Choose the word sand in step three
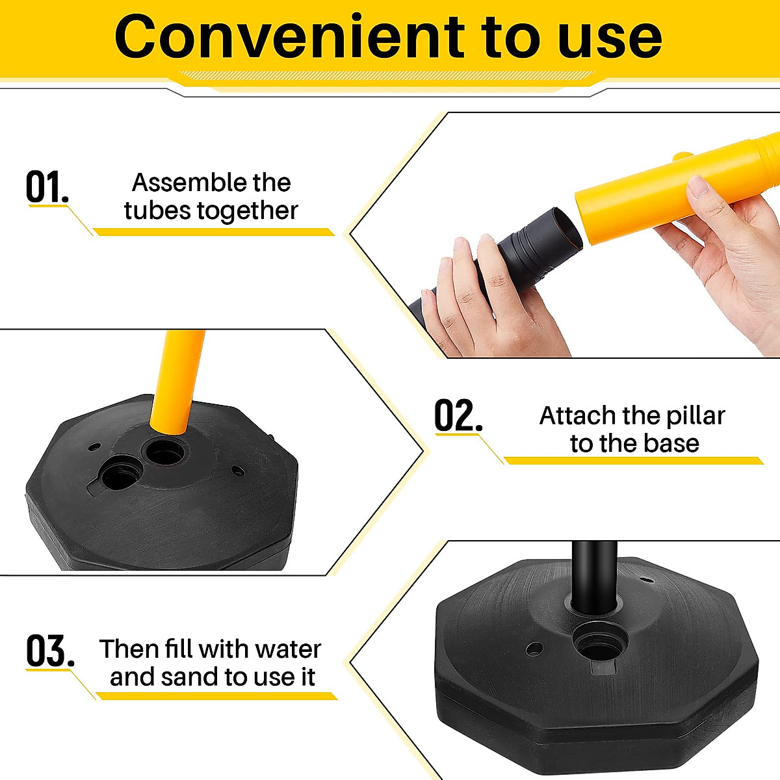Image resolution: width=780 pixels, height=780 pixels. pyautogui.click(x=190, y=677)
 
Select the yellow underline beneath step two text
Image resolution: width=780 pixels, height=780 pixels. pyautogui.click(x=634, y=461)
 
